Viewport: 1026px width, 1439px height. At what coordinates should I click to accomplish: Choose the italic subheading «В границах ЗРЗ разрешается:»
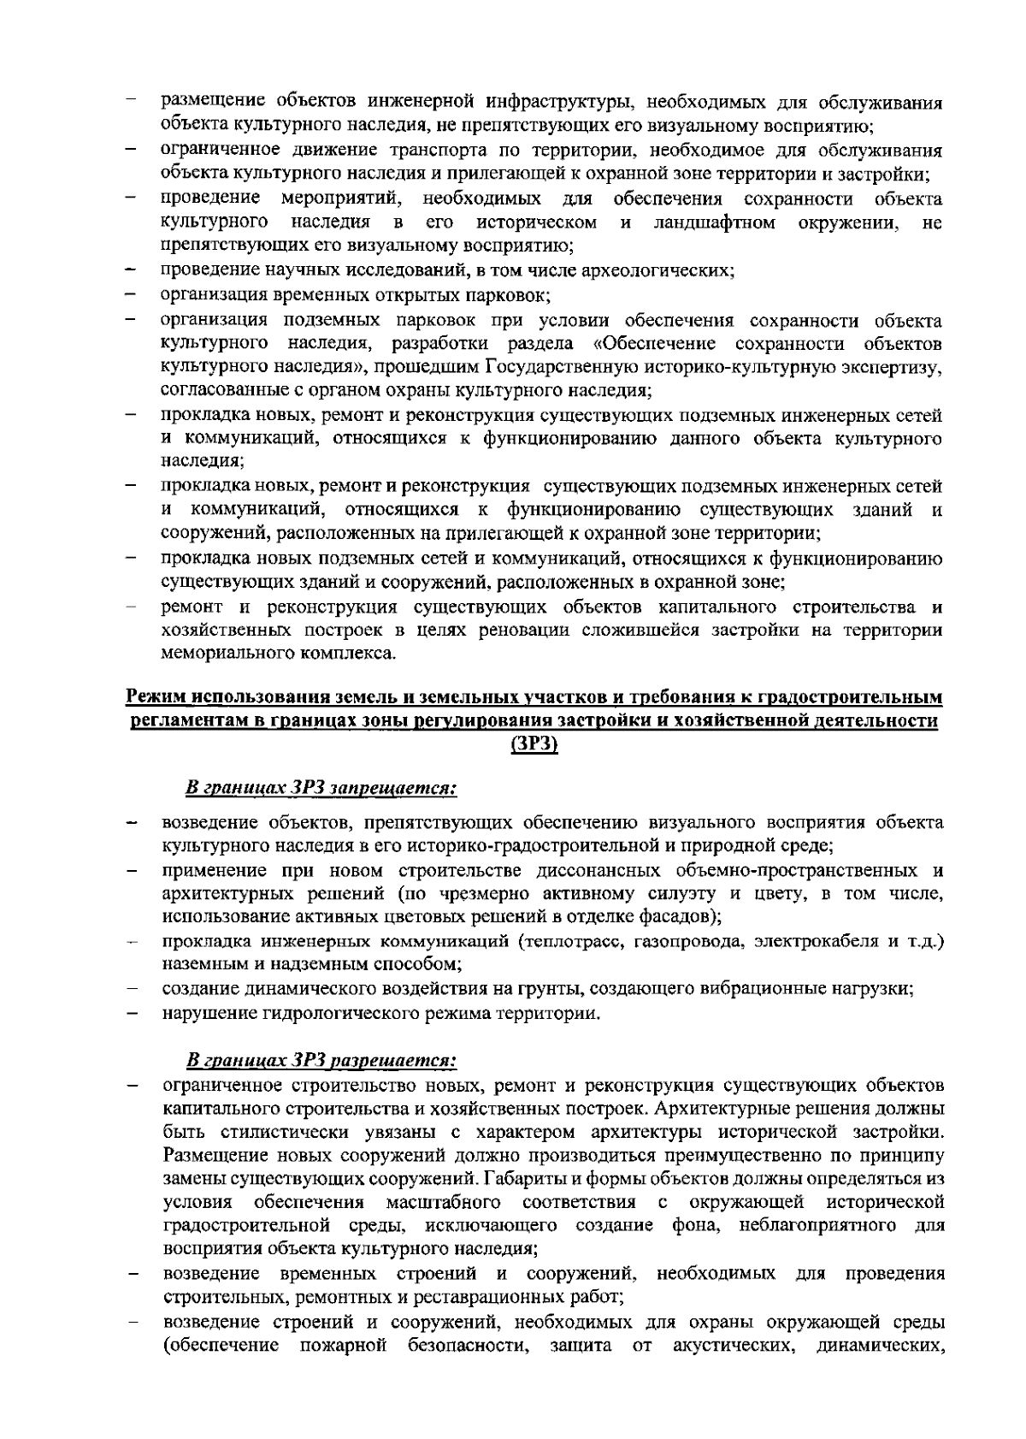coord(322,1061)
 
